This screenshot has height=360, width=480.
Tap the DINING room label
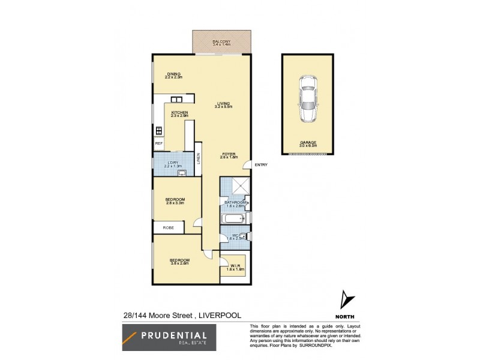[x=174, y=75]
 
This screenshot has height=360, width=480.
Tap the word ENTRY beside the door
[x=261, y=165]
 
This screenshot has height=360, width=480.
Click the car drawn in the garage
[x=308, y=103]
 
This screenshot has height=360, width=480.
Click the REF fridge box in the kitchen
[x=159, y=144]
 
